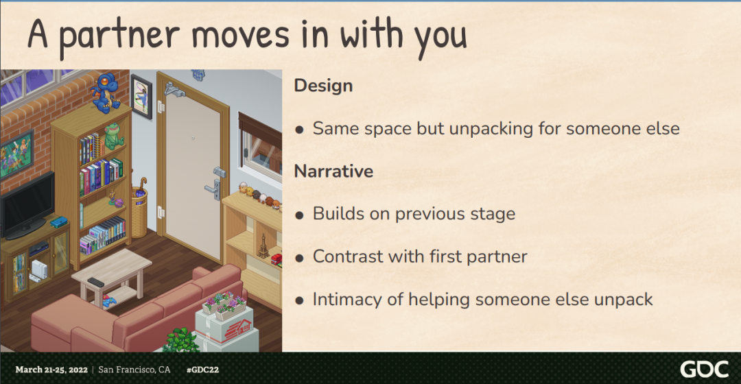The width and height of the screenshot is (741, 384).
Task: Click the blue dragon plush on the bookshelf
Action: pos(106,93)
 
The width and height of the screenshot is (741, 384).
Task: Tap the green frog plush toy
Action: pos(113,136)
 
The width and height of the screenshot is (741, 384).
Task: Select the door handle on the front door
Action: pos(213,189)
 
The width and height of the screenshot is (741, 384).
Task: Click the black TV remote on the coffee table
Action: pos(95,283)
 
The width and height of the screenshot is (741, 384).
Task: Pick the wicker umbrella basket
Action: pos(139,213)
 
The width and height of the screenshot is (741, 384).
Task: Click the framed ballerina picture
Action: pos(141,97)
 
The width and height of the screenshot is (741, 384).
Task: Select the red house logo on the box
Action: pos(237,330)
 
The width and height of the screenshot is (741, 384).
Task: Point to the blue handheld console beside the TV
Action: pos(59,221)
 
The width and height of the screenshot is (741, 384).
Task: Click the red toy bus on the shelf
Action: pos(276,259)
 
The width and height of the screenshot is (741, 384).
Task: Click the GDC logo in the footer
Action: pos(705,369)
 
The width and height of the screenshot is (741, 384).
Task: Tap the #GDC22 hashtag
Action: pos(202,370)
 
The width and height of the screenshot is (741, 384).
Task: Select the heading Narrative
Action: pos(333,171)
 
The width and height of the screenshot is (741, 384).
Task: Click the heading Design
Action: pos(323,86)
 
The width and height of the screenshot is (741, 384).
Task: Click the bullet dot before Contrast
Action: pos(299,259)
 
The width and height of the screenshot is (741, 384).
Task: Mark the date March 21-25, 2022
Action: pos(51,370)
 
